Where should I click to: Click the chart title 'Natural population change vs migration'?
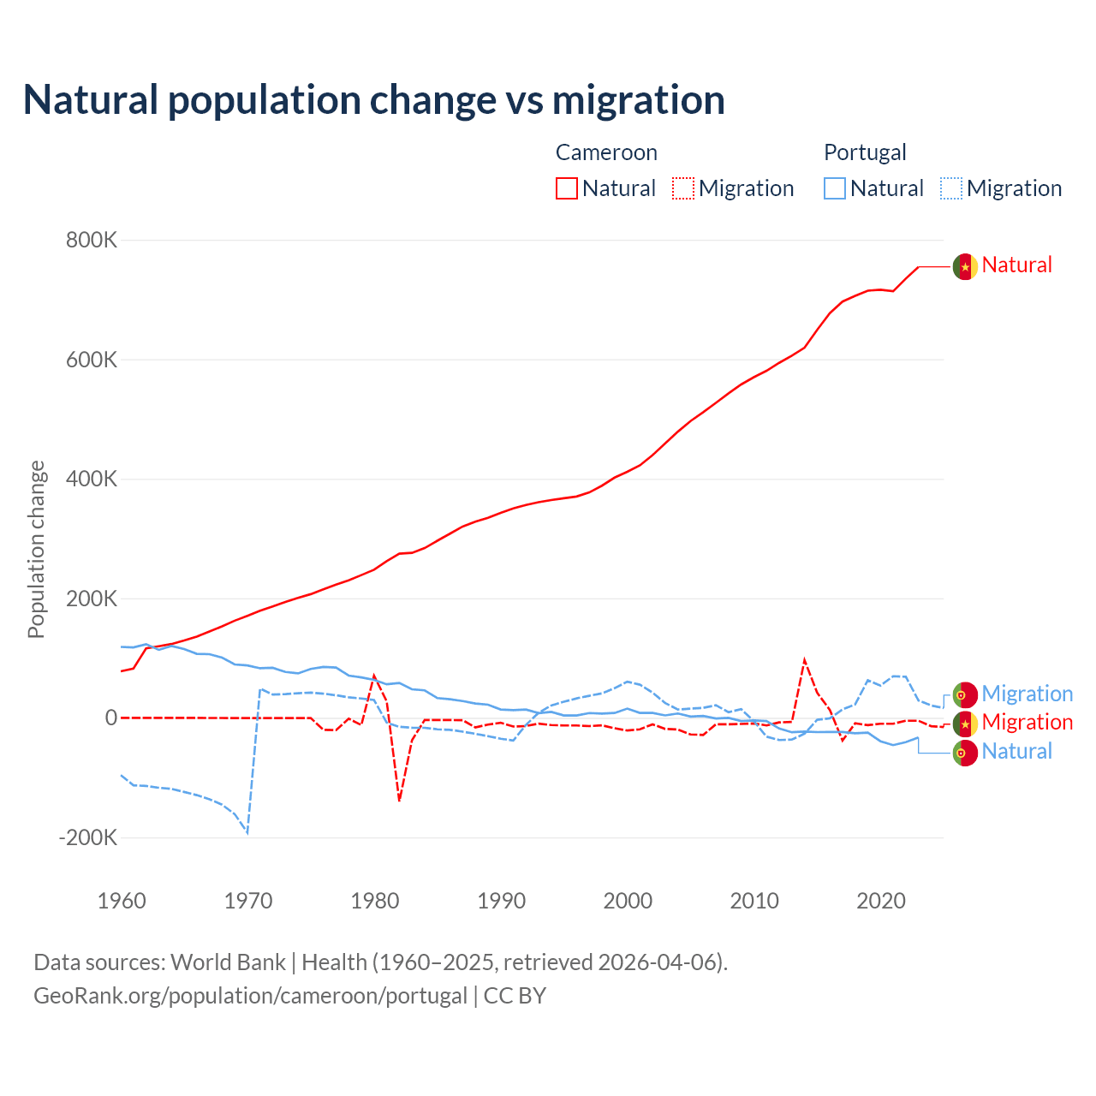click(374, 100)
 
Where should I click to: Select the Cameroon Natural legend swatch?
click(567, 188)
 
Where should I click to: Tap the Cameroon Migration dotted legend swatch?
click(683, 188)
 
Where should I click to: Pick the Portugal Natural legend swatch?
click(835, 188)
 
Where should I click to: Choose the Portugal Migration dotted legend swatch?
click(951, 188)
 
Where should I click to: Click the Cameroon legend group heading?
click(606, 152)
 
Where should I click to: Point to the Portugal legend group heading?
click(865, 152)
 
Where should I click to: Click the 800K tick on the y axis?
click(91, 240)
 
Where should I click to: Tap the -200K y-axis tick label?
click(87, 837)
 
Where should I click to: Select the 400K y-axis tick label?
click(91, 479)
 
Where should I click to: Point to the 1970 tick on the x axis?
click(248, 901)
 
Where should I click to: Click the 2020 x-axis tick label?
click(881, 901)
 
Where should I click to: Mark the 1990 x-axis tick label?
click(502, 901)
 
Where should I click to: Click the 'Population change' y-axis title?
click(36, 549)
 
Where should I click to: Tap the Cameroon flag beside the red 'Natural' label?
click(965, 266)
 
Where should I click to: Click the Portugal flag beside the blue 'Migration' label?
click(965, 694)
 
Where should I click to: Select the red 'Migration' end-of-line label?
click(1027, 722)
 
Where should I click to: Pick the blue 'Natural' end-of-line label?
click(1016, 751)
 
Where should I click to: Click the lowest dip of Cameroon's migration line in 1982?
click(399, 801)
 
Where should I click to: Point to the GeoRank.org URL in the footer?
click(250, 996)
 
